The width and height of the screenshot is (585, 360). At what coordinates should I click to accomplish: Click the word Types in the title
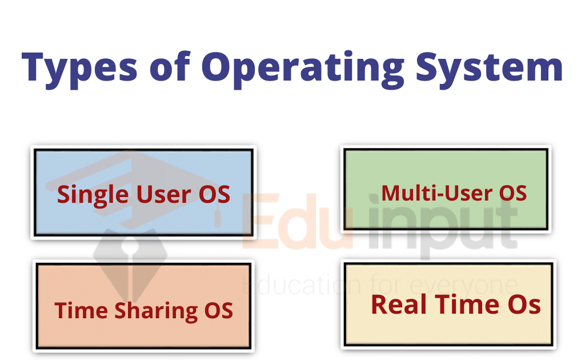(x=79, y=69)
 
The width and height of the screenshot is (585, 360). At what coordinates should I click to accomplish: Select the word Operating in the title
(x=303, y=69)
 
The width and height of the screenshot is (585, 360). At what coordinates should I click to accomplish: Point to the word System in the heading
(x=489, y=69)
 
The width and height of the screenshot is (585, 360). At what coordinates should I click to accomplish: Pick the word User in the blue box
(x=164, y=194)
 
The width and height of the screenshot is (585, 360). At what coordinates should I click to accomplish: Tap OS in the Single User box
(x=215, y=194)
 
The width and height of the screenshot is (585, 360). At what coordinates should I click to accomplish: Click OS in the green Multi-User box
(x=513, y=193)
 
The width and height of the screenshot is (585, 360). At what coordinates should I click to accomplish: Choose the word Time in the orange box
(x=81, y=310)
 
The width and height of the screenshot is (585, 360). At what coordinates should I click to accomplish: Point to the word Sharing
(x=157, y=311)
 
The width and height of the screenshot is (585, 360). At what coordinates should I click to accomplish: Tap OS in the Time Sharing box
(x=219, y=310)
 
